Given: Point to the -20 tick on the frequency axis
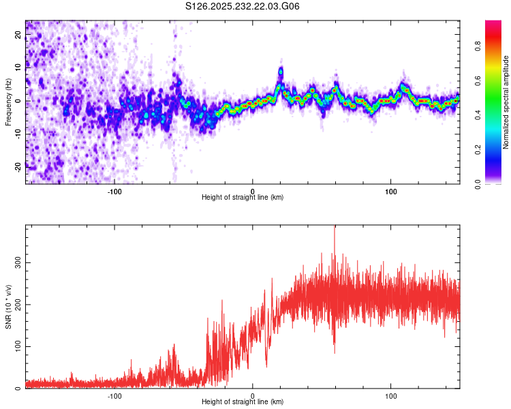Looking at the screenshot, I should [x=16, y=167].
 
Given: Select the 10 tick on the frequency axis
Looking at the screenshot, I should [x=18, y=67].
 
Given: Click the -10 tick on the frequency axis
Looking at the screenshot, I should [x=16, y=134].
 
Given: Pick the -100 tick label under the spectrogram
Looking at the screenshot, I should [x=114, y=191].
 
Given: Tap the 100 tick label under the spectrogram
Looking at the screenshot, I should [x=391, y=191].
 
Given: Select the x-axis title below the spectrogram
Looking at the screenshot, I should [x=243, y=198].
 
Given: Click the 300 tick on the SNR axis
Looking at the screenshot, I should [x=16, y=262].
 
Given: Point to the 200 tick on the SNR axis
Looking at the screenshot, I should [x=16, y=304].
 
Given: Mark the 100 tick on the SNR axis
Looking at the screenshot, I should [x=16, y=346].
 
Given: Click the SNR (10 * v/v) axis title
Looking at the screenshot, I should [x=8, y=307].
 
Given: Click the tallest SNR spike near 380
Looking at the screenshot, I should [x=334, y=229].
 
